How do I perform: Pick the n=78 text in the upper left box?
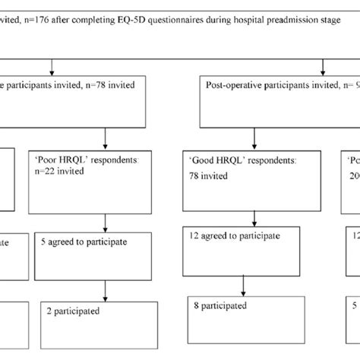pos(97,85)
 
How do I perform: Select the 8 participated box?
pos(243,316)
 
